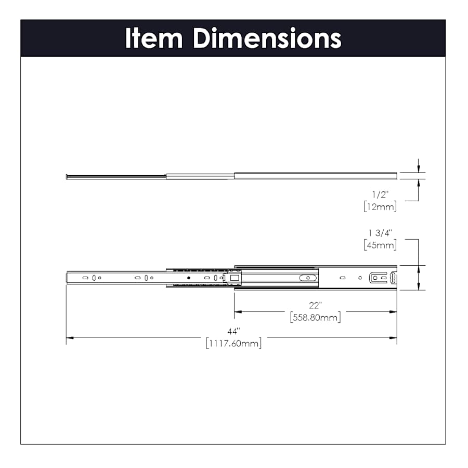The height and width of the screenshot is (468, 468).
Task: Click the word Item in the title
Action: tap(154, 38)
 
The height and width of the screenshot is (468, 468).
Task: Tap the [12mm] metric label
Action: tap(380, 206)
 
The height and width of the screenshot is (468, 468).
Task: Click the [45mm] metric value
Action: tap(380, 244)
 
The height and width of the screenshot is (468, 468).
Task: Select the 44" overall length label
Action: tap(233, 331)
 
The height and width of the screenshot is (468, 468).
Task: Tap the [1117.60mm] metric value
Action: tap(233, 343)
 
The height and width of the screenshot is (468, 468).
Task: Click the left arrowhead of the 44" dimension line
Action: tap(69, 338)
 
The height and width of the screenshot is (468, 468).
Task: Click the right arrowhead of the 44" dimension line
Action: tap(394, 338)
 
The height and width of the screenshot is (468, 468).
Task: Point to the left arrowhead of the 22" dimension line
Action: tap(237, 312)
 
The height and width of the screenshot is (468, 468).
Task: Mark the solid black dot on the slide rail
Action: tap(189, 278)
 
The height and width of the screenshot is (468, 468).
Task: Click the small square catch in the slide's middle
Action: tap(235, 278)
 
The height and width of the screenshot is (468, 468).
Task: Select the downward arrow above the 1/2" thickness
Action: tap(419, 167)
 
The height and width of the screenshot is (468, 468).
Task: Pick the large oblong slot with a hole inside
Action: tap(309, 278)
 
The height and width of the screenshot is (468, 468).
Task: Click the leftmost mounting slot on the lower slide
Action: tap(85, 278)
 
